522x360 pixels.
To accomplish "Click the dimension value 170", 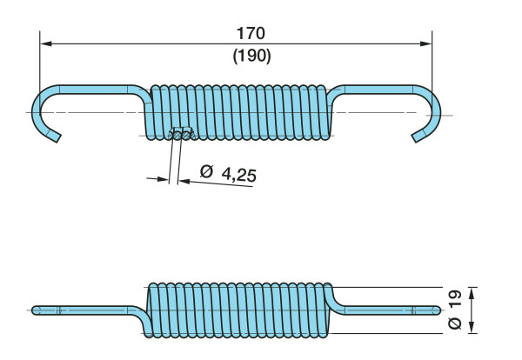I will click(250, 33).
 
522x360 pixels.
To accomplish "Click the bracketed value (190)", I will click(251, 55).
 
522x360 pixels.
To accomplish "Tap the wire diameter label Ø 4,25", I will click(228, 173).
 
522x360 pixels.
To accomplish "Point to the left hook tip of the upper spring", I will click(57, 137).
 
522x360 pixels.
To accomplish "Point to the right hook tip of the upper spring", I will click(417, 137).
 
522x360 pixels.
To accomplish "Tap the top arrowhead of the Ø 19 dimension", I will click(471, 291).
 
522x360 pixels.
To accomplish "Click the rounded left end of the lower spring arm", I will click(36, 310).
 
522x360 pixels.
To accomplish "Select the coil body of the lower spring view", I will click(239, 310).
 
